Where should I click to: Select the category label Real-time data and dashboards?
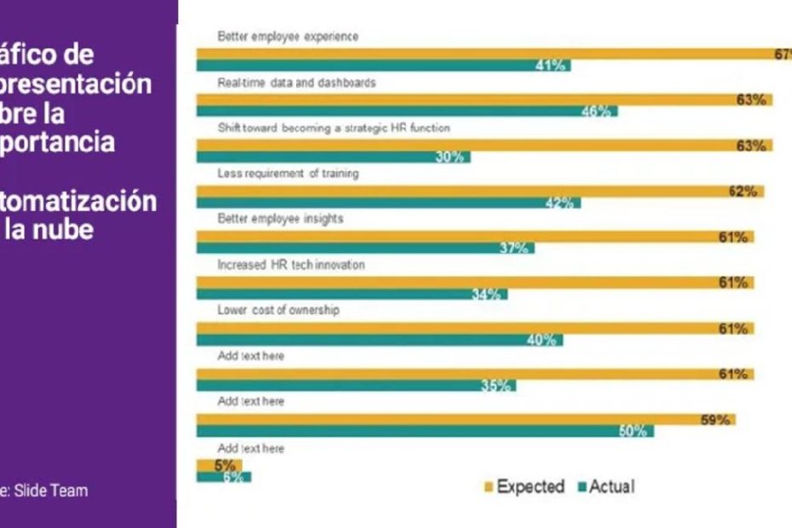coord(296,83)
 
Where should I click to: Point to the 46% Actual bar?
coord(407,112)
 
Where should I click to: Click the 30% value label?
coord(450,158)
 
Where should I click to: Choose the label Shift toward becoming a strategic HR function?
coord(333,129)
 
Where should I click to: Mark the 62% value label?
coord(742,191)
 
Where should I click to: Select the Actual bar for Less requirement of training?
coord(388,203)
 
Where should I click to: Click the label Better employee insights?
coord(279,219)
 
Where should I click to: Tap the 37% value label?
coord(514,248)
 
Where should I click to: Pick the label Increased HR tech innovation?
coord(290,265)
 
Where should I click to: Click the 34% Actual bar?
coord(352,295)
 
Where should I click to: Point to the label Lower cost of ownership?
coord(278,311)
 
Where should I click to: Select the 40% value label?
coord(542,340)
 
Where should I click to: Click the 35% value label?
coord(496,386)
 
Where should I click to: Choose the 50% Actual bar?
coord(425,431)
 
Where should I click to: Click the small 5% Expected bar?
coord(219,465)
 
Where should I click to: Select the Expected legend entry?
coord(524,487)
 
